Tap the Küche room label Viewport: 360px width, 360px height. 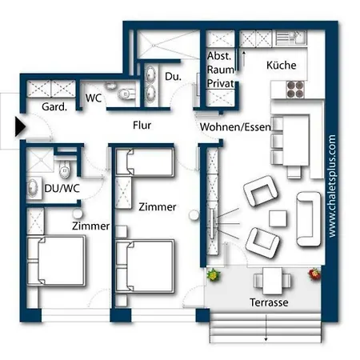coord(281,66)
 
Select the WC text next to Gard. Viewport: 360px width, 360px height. coord(93,98)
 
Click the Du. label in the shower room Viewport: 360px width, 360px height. coord(173,78)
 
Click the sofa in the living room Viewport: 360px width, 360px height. coord(308,218)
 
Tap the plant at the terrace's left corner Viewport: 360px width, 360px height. coord(214,274)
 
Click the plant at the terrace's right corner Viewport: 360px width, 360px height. coord(314,274)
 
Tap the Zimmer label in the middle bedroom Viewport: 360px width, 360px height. coord(157,207)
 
